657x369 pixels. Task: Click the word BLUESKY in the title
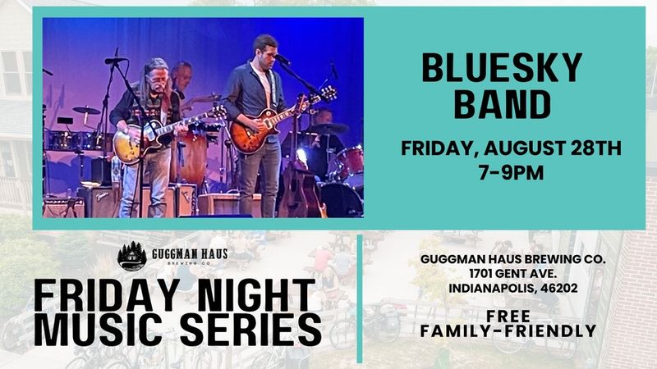pos(502,67)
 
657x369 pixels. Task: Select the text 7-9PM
pos(511,172)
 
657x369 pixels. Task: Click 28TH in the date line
pos(596,148)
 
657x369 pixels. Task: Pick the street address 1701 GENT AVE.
pos(512,274)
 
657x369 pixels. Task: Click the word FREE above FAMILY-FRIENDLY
pos(508,316)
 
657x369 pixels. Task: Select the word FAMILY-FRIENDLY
pos(508,331)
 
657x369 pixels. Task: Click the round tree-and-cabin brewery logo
pos(132,257)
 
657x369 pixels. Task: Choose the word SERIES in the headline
pos(250,330)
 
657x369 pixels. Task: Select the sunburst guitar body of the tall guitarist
pos(253,131)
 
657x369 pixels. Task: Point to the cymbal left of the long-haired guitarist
pos(86,111)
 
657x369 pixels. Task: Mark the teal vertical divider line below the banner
pos(360,298)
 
